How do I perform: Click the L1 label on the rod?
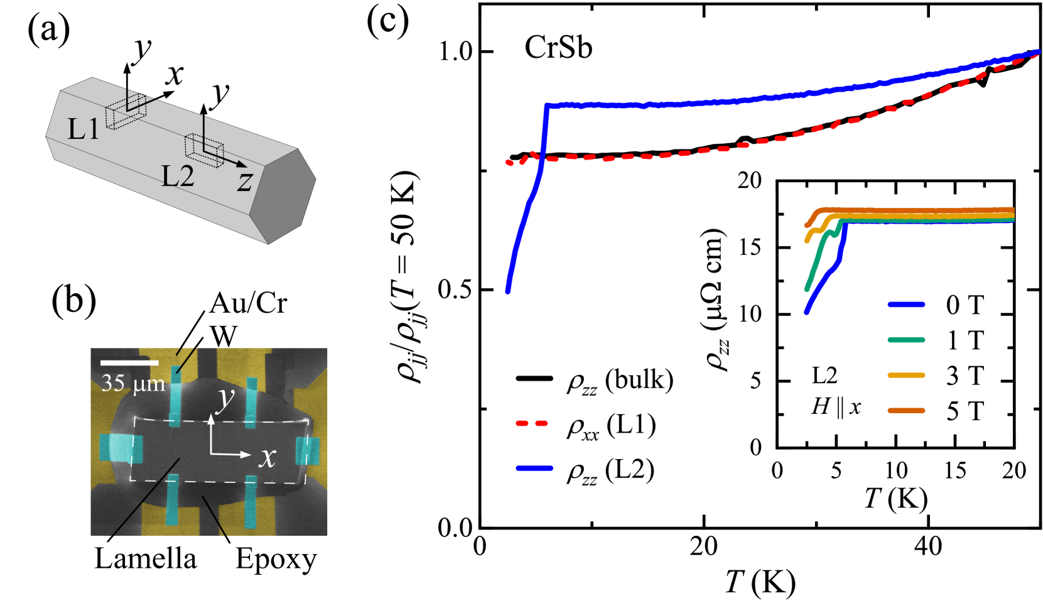[x=83, y=129]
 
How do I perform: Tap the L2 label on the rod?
[x=178, y=177]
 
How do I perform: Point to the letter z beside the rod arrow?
[x=245, y=181]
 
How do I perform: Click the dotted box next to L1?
[x=126, y=114]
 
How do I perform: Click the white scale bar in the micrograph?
[x=129, y=362]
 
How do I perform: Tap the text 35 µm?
[x=133, y=383]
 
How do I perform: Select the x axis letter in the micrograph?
[x=268, y=457]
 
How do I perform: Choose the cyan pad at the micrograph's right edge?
[x=308, y=451]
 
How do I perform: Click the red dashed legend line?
[x=532, y=423]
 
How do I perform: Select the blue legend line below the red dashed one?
[x=534, y=468]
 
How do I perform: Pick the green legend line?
[x=906, y=340]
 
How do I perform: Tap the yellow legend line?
[x=906, y=375]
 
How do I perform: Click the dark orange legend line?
[x=906, y=410]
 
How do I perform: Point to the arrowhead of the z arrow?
[x=242, y=165]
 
